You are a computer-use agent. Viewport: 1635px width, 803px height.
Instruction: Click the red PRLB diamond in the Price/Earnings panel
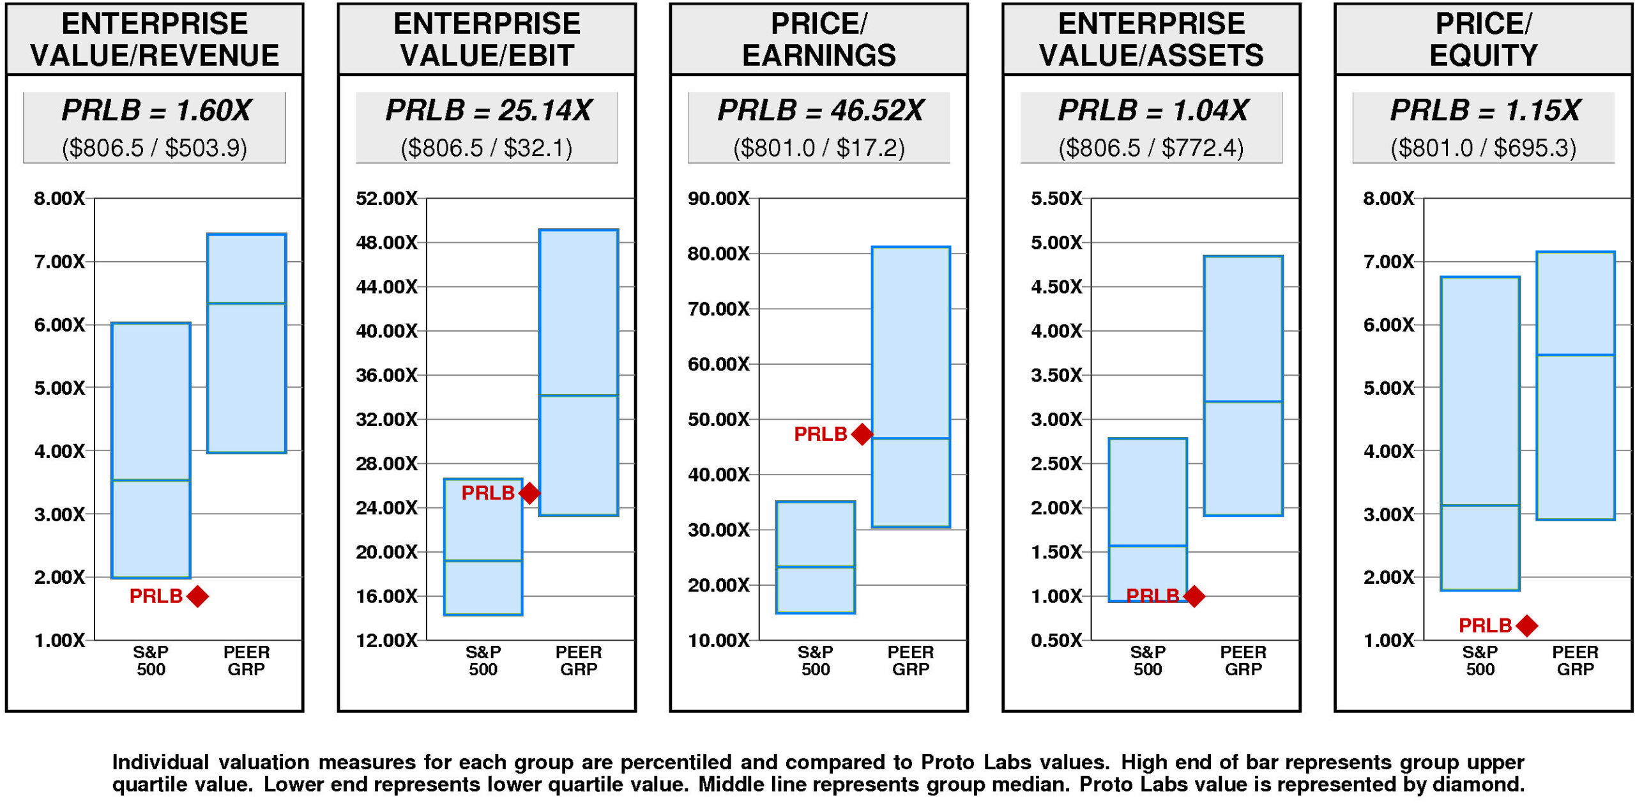(x=862, y=434)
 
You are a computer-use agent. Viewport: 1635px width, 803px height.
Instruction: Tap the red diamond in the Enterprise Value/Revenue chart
(x=197, y=596)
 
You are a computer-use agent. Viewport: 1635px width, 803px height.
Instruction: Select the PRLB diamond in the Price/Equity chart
(x=1526, y=625)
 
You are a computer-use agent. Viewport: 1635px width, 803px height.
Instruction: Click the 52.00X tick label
(x=386, y=199)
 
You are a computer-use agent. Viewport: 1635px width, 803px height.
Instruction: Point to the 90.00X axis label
(x=719, y=199)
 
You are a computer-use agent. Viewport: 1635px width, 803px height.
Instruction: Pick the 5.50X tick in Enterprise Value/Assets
(x=1056, y=199)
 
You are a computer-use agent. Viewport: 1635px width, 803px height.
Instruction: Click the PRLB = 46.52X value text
(x=820, y=111)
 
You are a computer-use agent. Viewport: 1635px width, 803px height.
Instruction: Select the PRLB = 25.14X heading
(x=489, y=111)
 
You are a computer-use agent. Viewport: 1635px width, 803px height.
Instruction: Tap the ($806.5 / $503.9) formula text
(x=155, y=148)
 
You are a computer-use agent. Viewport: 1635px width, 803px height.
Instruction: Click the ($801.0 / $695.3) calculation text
(x=1483, y=148)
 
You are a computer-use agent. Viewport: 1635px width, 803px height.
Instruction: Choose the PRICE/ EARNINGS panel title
(x=819, y=40)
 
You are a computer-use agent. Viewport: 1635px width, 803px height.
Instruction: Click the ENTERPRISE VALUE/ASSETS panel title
(x=1151, y=40)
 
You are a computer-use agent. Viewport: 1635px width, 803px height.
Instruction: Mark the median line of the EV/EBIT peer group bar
(x=579, y=395)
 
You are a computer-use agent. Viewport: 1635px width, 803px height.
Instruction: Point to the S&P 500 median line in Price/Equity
(x=1480, y=505)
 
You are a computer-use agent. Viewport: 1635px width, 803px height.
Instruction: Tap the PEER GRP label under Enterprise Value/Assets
(x=1243, y=661)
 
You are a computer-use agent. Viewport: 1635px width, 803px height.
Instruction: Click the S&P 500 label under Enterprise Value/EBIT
(x=483, y=661)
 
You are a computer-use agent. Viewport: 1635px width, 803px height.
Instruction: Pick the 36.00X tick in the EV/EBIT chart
(x=386, y=375)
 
